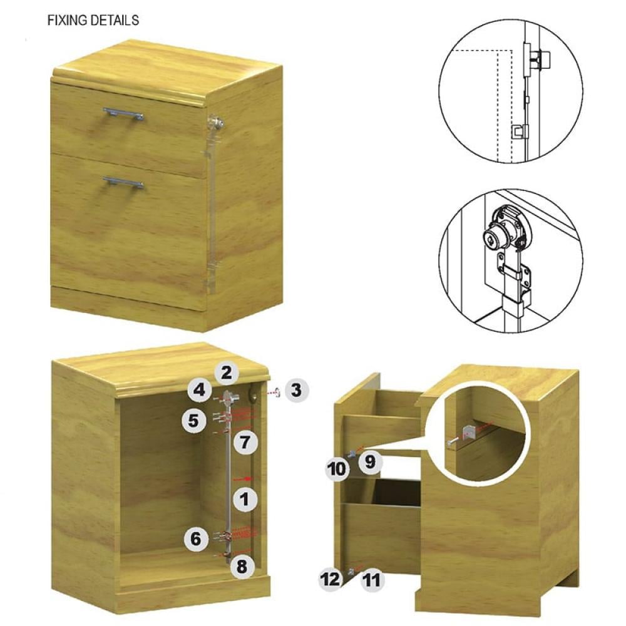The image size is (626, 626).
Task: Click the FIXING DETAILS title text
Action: point(93,21)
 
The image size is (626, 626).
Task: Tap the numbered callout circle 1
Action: point(244,499)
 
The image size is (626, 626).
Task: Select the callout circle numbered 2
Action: point(226,373)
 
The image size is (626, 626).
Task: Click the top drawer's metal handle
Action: point(123,113)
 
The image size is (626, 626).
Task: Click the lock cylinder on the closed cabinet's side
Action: point(215,122)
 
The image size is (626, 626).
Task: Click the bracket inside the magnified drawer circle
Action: point(469,432)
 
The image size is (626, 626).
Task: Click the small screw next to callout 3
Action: point(276,393)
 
